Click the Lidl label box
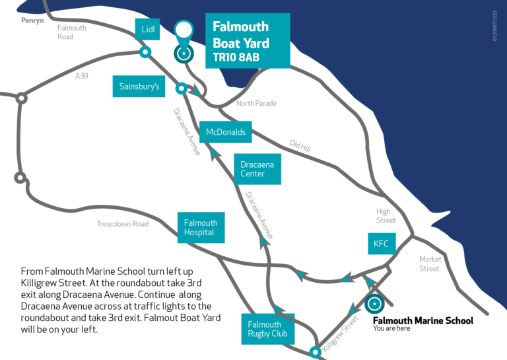click(x=146, y=29)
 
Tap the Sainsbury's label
click(x=139, y=87)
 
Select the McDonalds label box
click(x=225, y=132)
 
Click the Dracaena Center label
click(x=257, y=169)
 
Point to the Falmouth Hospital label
click(x=201, y=228)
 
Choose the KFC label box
click(x=381, y=244)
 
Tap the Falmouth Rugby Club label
click(x=265, y=328)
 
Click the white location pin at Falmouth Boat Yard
click(x=184, y=30)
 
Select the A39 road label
click(x=81, y=77)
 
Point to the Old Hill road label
click(x=300, y=145)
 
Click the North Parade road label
click(x=256, y=104)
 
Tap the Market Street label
click(x=429, y=264)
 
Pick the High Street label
click(x=386, y=215)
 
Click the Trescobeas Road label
click(x=122, y=225)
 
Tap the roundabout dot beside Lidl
click(x=145, y=52)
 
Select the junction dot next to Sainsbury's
click(x=180, y=88)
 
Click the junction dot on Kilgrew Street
click(x=316, y=351)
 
